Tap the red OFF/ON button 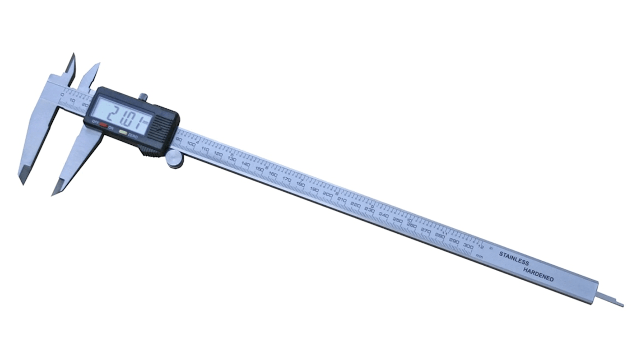103,125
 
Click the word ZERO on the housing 132,134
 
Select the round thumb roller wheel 174,159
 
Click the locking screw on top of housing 144,97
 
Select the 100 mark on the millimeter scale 191,144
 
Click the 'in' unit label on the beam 491,249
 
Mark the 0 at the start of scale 62,94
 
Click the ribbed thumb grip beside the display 159,129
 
